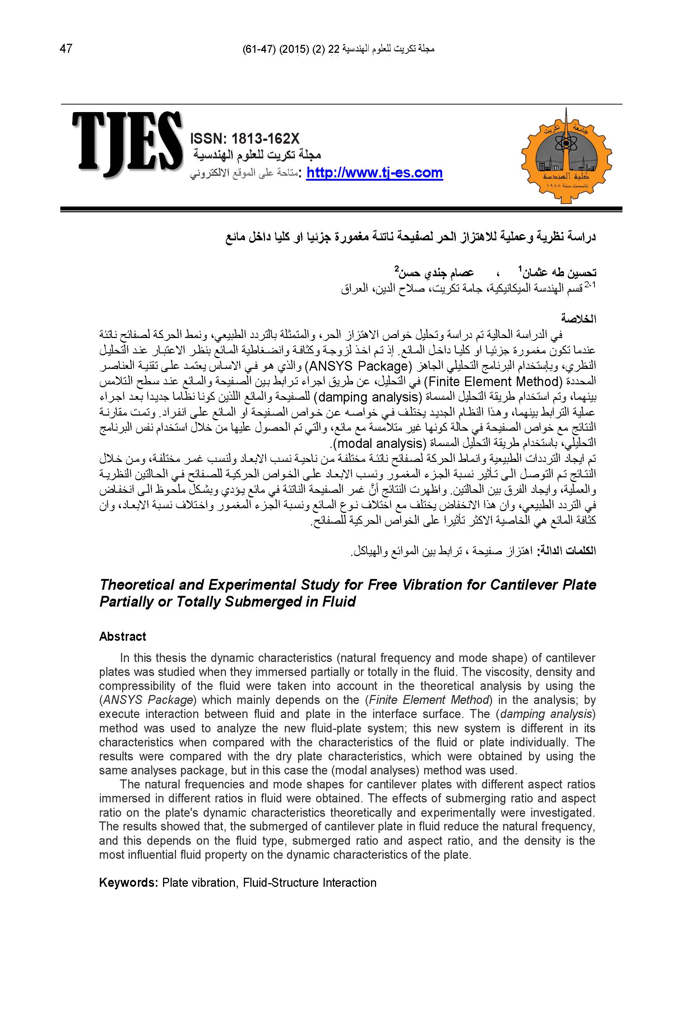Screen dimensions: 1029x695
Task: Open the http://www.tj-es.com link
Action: tap(374, 172)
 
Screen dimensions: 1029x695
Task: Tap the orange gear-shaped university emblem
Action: tap(566, 157)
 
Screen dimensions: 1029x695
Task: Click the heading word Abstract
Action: tap(122, 636)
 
